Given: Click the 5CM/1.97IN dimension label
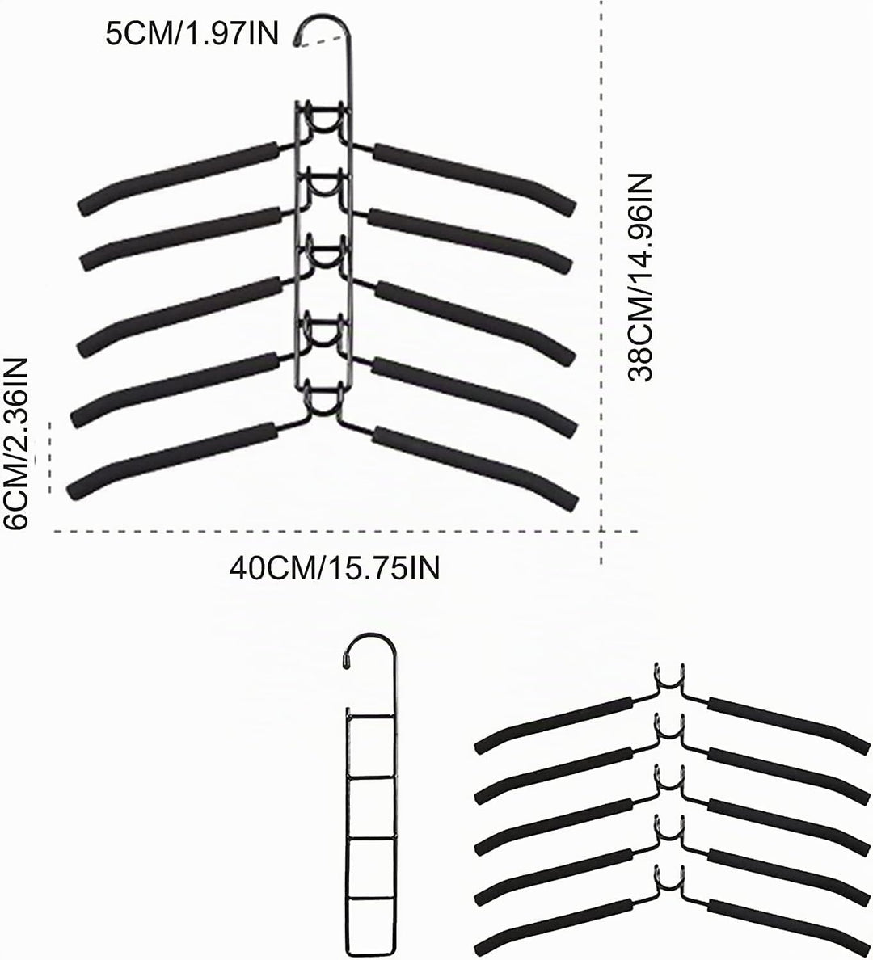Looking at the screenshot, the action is (x=191, y=33).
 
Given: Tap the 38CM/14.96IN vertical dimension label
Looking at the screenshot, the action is (x=639, y=278).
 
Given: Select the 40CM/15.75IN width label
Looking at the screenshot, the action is (x=335, y=568).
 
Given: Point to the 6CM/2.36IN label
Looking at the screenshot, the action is (x=15, y=444).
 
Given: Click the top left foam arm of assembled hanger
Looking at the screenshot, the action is (x=179, y=178).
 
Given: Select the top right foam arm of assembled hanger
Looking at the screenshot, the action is (x=474, y=179).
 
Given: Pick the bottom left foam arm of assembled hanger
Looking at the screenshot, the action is (x=171, y=459).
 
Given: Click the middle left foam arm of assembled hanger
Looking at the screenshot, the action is (x=179, y=315).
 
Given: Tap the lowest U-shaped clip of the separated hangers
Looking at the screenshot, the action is (x=668, y=888).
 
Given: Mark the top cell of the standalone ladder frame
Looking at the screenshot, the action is (x=369, y=744).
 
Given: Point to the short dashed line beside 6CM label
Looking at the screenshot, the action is (x=50, y=457).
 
